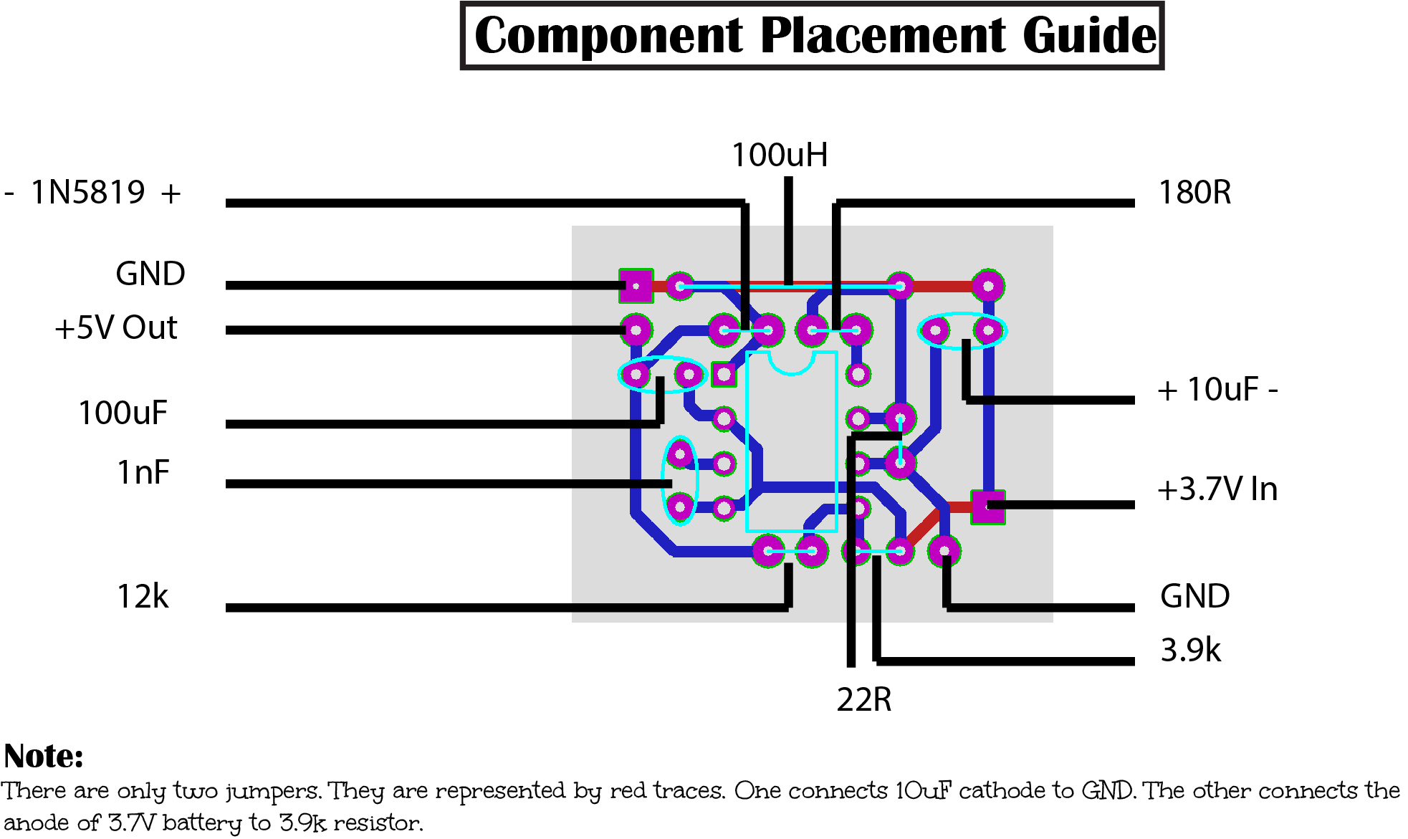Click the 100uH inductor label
coord(779,155)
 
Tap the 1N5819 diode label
coord(89,192)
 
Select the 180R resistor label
coord(1194,192)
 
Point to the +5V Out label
coord(115,327)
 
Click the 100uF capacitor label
coord(123,413)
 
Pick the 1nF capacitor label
coord(143,473)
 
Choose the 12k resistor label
coord(143,596)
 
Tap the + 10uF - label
coord(1217,390)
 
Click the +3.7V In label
coord(1217,489)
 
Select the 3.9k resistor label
coord(1190,650)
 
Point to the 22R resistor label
coord(863,699)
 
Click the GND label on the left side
coord(150,274)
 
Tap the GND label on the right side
coord(1194,596)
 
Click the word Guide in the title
coord(1089,36)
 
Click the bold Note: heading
coord(44,756)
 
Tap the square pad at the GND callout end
coord(636,286)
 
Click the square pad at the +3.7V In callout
coord(987,507)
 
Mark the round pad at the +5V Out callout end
coord(636,330)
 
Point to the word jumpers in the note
coord(273,792)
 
